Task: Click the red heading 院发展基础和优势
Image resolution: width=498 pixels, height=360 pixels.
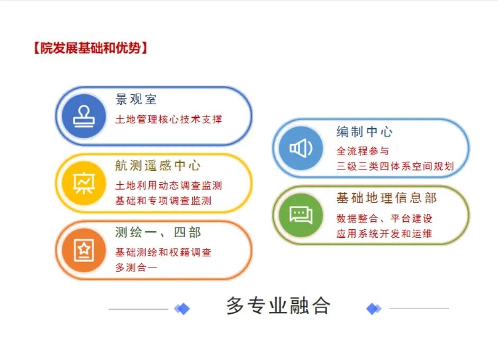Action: pos(90,48)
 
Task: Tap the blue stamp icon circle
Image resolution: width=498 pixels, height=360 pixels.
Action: pos(84,116)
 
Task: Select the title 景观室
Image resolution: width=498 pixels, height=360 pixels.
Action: pos(136,99)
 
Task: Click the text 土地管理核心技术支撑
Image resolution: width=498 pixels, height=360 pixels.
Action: pos(169,120)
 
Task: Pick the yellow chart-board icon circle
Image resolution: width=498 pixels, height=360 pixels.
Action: pos(84,183)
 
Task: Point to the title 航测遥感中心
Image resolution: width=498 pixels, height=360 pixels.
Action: pos(158,166)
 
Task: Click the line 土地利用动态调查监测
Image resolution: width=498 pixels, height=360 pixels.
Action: pos(169,185)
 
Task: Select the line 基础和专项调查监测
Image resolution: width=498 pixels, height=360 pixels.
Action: pos(163,201)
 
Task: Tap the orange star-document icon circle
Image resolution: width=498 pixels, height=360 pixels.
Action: pos(84,250)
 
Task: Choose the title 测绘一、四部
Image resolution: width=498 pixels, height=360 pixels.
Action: pos(158,232)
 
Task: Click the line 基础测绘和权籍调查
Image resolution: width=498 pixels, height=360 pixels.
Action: pos(163,253)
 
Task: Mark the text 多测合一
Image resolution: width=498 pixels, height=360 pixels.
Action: pos(136,267)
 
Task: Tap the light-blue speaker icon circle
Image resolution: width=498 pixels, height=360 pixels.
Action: pos(301,148)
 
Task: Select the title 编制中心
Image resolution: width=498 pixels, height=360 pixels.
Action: pos(365,131)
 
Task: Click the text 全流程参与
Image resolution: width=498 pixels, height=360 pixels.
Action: pos(363,151)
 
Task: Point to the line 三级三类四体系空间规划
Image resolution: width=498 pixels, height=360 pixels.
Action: pos(395,166)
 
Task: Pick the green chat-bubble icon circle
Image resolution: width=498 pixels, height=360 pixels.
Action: pos(301,215)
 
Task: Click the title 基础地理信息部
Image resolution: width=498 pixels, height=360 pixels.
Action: pos(386,198)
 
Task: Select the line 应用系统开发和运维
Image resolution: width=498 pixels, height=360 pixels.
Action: pos(384,234)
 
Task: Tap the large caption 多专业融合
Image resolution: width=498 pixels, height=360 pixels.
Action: pos(278,305)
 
